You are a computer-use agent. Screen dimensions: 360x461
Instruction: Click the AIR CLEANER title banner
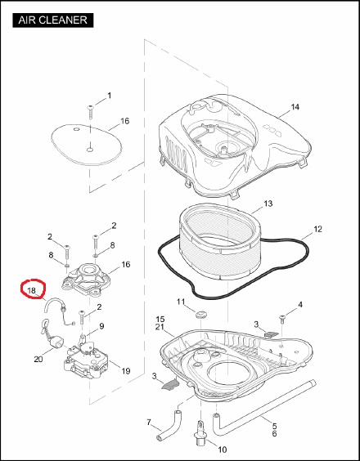pos(53,20)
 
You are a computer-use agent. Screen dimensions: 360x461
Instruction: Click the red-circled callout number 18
pos(31,290)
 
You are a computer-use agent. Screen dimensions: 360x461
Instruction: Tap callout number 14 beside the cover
pos(295,107)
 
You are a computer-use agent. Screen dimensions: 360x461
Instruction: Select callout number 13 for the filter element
pos(268,204)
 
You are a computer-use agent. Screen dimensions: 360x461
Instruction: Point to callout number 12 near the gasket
pos(317,229)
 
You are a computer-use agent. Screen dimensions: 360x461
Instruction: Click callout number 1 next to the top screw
pos(109,96)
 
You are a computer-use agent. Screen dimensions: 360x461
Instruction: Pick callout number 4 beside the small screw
pos(300,305)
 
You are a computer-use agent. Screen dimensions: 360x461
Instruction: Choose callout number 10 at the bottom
pos(223,450)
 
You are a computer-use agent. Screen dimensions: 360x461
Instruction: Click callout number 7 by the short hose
pos(149,423)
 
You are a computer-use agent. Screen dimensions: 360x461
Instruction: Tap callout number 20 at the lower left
pos(38,359)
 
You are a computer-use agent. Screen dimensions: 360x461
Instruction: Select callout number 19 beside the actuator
pos(126,371)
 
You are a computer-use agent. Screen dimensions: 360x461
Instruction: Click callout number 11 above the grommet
pos(181,302)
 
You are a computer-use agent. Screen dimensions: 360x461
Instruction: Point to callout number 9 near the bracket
pos(101,326)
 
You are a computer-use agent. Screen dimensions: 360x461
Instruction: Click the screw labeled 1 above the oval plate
pos(90,112)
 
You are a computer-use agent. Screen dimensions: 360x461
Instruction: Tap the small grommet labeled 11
pos(202,313)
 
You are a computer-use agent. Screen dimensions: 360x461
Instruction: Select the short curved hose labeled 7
pos(169,425)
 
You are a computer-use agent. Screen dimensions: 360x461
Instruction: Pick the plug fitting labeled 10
pos(200,434)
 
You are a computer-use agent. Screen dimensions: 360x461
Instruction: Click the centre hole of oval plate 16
pos(90,150)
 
